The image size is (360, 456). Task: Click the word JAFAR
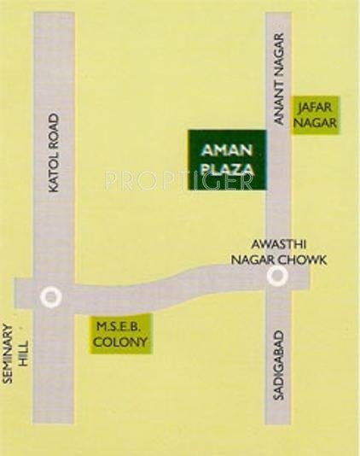(317, 107)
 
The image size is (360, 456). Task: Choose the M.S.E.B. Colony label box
(120, 334)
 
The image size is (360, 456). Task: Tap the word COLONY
(121, 342)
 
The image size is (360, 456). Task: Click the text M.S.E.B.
(120, 325)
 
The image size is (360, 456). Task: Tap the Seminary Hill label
(15, 350)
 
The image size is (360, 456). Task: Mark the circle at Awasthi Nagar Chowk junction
(276, 276)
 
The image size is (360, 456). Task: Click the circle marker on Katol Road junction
(51, 296)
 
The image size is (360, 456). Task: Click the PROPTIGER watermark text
(179, 180)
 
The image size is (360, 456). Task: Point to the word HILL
(23, 350)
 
